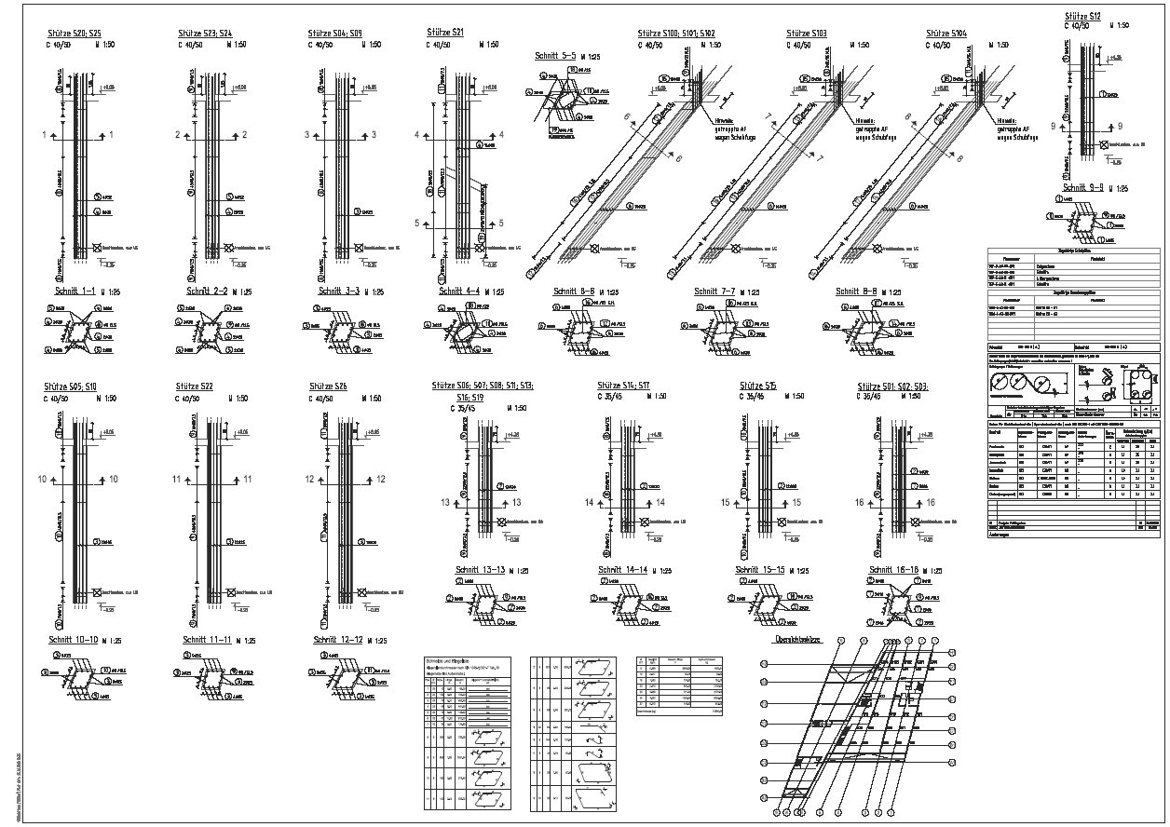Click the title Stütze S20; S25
point(80,34)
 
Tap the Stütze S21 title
point(445,33)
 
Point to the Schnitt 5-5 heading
point(556,56)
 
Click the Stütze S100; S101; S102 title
point(676,34)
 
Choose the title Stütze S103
point(807,34)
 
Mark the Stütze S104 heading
point(946,34)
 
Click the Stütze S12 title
point(1082,17)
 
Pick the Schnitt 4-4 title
point(459,291)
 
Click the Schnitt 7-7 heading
point(714,291)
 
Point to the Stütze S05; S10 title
point(70,386)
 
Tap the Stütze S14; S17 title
point(624,386)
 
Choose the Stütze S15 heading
point(758,386)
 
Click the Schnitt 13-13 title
point(480,570)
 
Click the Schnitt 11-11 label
point(207,640)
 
